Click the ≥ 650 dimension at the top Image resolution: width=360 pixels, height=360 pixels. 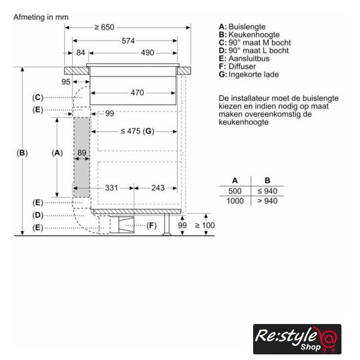105,28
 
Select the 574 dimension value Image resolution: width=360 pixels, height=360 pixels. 128,41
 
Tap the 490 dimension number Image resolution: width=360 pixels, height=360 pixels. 147,52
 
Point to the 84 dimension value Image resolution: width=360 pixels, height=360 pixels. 80,52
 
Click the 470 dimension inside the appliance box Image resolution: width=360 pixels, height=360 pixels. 137,92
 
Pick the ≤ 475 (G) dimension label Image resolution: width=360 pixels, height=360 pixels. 137,131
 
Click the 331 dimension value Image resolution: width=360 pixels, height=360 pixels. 111,188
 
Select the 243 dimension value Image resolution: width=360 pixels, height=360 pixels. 158,188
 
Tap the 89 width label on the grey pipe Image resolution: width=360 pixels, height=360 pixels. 82,152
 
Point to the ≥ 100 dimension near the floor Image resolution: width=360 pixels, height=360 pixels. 205,225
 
